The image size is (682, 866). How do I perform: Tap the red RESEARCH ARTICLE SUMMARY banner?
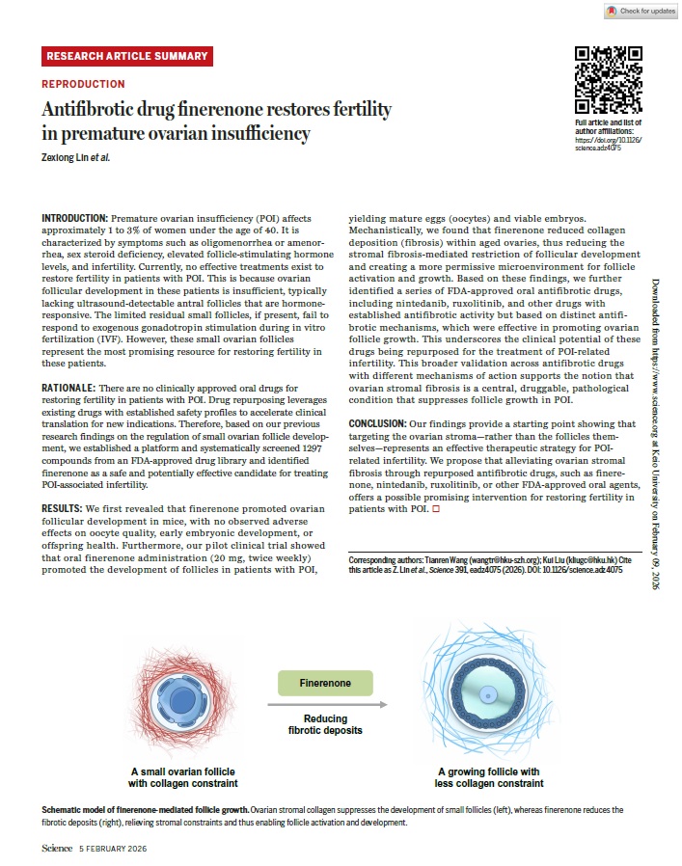point(126,56)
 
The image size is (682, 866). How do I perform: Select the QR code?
point(608,80)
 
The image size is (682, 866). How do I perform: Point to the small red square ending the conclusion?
point(437,508)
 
